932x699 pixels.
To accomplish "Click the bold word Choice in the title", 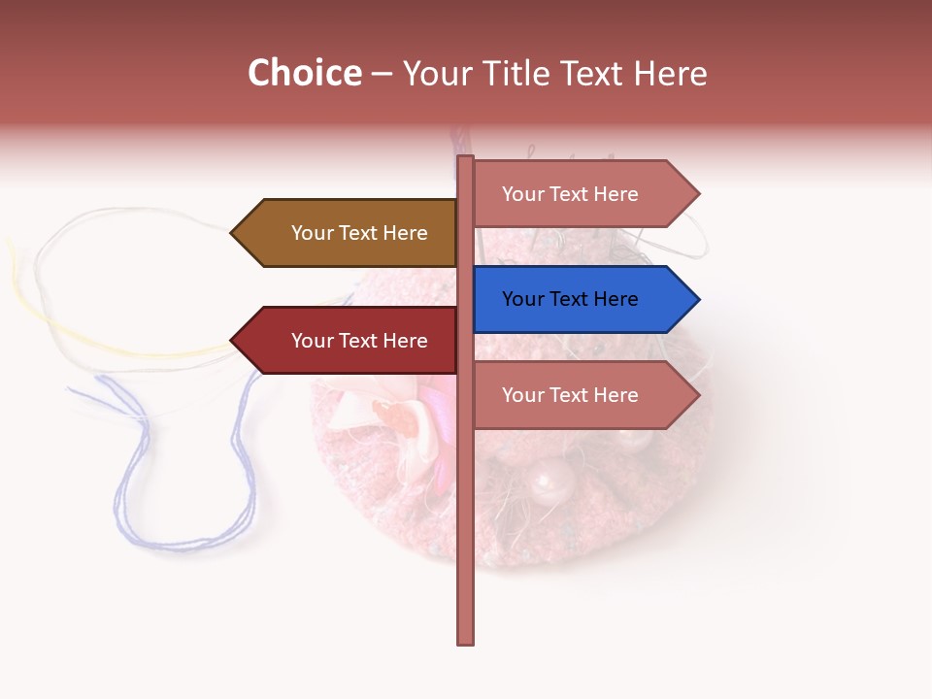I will pyautogui.click(x=304, y=74).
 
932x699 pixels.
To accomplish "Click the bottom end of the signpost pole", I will pyautogui.click(x=466, y=641).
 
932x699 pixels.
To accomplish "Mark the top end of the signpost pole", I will pyautogui.click(x=466, y=158).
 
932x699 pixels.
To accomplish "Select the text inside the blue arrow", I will pyautogui.click(x=570, y=299).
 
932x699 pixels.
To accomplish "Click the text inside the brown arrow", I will pyautogui.click(x=359, y=233).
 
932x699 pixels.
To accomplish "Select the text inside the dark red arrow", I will pyautogui.click(x=359, y=341).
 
